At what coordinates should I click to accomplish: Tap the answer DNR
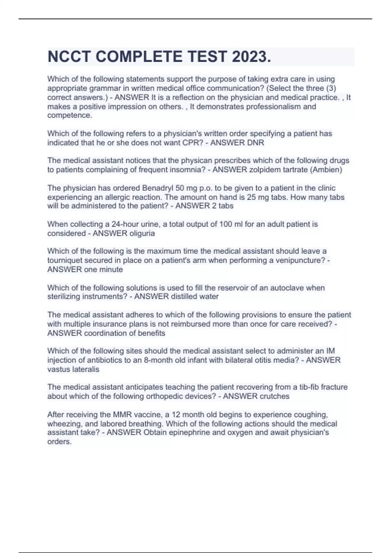tap(255, 143)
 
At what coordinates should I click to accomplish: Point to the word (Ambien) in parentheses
tap(327, 170)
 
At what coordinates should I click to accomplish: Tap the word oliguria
tap(142, 233)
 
